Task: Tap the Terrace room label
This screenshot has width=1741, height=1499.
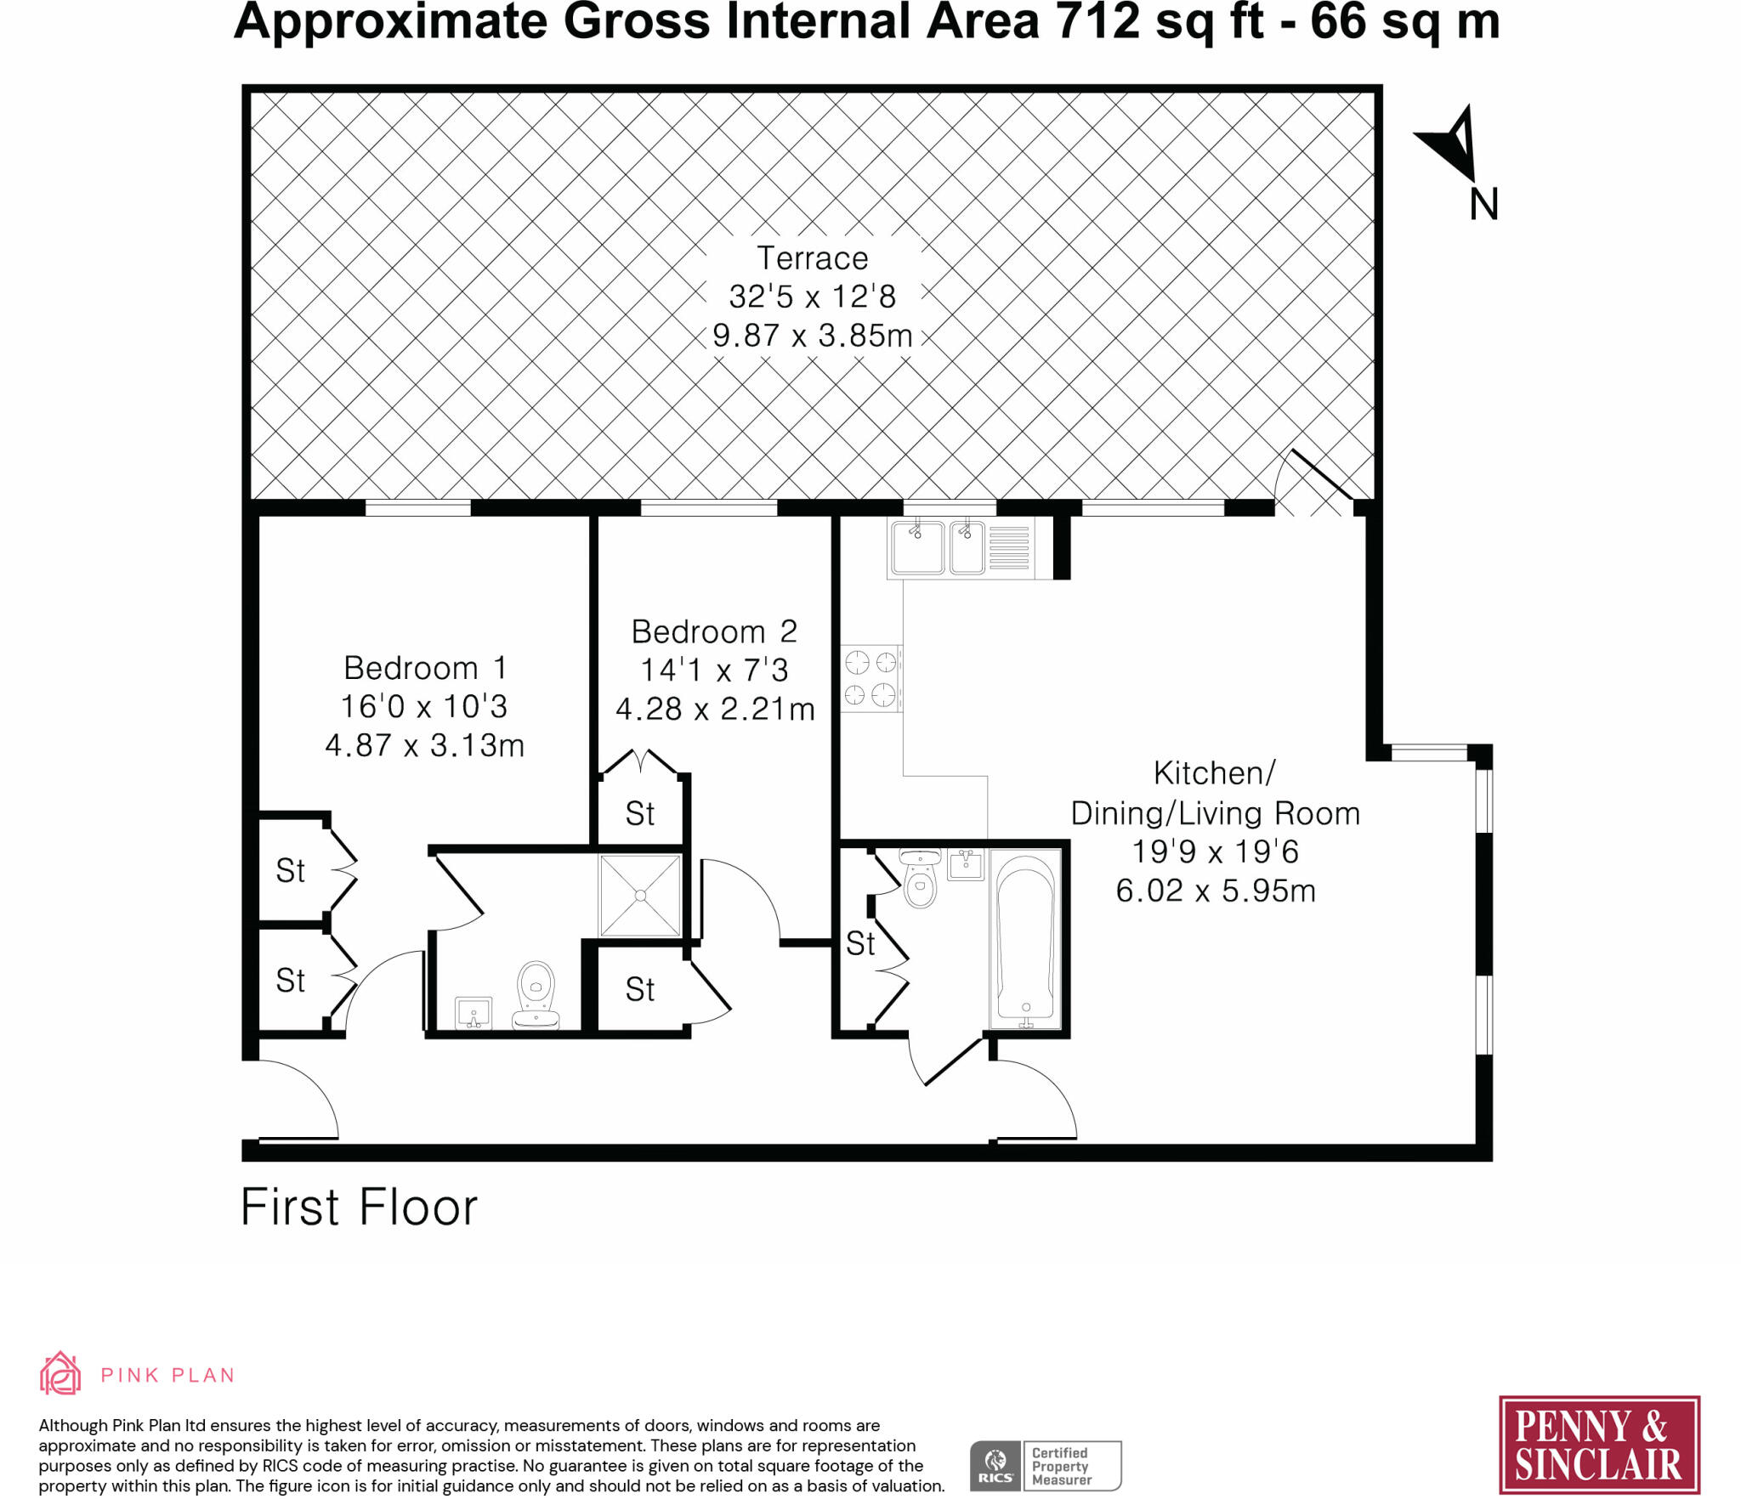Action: point(812,258)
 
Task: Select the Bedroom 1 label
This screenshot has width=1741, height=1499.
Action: point(424,668)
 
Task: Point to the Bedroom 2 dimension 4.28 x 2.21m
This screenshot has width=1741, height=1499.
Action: point(715,709)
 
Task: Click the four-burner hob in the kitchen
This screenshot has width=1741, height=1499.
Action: point(870,677)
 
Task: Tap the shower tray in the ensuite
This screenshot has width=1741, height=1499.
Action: point(640,896)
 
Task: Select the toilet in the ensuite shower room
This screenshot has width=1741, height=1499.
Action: point(536,993)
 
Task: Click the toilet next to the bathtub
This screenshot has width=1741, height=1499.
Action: point(920,880)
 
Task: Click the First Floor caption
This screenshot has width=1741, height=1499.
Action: point(359,1208)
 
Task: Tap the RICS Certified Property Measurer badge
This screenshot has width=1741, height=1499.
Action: point(1045,1466)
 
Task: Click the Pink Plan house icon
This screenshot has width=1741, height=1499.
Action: point(60,1373)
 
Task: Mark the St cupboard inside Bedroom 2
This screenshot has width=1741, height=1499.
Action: point(640,814)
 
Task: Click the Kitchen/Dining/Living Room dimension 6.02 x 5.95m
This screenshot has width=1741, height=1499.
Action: point(1215,891)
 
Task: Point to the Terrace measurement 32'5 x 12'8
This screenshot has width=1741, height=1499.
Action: point(812,297)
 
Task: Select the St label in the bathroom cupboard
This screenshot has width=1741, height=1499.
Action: point(859,943)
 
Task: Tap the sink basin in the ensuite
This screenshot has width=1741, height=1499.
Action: point(474,1012)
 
